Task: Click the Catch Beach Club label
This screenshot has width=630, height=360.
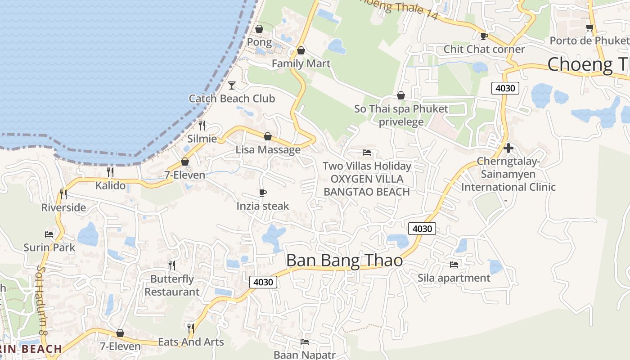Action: point(232,99)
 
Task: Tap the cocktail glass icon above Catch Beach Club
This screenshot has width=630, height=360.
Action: point(232,85)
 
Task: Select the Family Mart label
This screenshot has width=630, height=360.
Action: point(301,64)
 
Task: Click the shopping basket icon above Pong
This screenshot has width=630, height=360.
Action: point(259,29)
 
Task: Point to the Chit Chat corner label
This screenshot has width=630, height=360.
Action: point(484,49)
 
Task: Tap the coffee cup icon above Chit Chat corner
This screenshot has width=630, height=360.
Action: point(484,36)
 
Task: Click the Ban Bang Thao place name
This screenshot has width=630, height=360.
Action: point(344,261)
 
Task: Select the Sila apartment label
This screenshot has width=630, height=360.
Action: point(454,278)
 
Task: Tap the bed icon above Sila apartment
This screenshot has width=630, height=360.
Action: point(454,264)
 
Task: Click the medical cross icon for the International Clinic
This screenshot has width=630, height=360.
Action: point(508,148)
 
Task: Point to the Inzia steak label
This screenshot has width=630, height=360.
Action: point(263,206)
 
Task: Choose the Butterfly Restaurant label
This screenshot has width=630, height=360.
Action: point(172,285)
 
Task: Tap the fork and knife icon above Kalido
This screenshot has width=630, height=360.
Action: point(110,172)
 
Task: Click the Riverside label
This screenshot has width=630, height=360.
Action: point(63,207)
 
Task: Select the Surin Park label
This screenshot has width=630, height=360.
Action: point(49,247)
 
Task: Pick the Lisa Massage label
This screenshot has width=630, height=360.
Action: point(268,150)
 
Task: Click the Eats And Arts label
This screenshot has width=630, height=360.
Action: point(191,342)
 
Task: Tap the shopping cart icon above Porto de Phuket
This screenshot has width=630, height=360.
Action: point(589,28)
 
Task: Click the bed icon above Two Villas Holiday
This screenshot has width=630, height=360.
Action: point(367,153)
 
